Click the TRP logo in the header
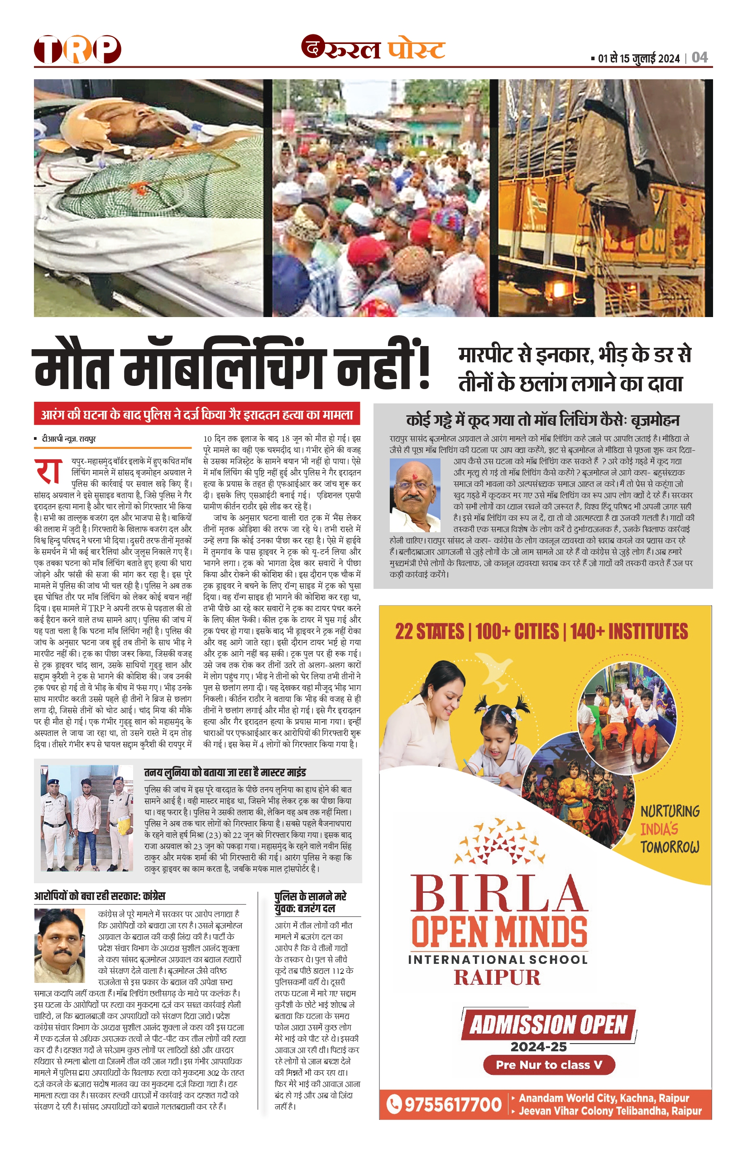pyautogui.click(x=77, y=49)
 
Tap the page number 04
pyautogui.click(x=699, y=58)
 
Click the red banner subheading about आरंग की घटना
pyautogui.click(x=196, y=414)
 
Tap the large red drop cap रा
pyautogui.click(x=48, y=471)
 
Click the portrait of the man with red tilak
pyautogui.click(x=415, y=495)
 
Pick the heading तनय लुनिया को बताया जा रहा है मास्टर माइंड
pyautogui.click(x=225, y=772)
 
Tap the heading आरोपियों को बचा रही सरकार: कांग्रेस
pyautogui.click(x=100, y=896)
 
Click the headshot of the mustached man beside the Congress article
pyautogui.click(x=60, y=945)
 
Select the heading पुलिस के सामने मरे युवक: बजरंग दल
pyautogui.click(x=311, y=902)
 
